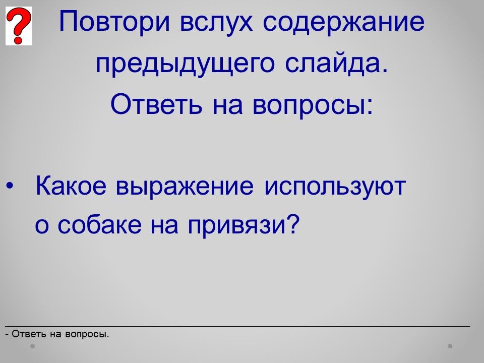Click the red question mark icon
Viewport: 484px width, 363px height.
click(x=19, y=26)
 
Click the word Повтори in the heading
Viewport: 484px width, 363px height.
click(x=114, y=21)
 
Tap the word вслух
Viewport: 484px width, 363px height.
click(x=216, y=22)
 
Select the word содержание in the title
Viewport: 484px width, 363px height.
click(x=343, y=22)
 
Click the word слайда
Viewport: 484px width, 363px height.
click(x=336, y=64)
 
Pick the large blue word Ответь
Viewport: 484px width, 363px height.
click(x=156, y=104)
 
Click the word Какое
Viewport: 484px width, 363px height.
click(x=71, y=186)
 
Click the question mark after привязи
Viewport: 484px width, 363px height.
click(x=293, y=223)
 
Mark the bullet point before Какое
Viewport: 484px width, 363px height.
click(x=10, y=186)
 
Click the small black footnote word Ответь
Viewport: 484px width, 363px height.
click(x=29, y=334)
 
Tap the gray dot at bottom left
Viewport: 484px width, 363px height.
click(x=32, y=346)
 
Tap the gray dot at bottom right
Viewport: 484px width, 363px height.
click(x=450, y=346)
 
